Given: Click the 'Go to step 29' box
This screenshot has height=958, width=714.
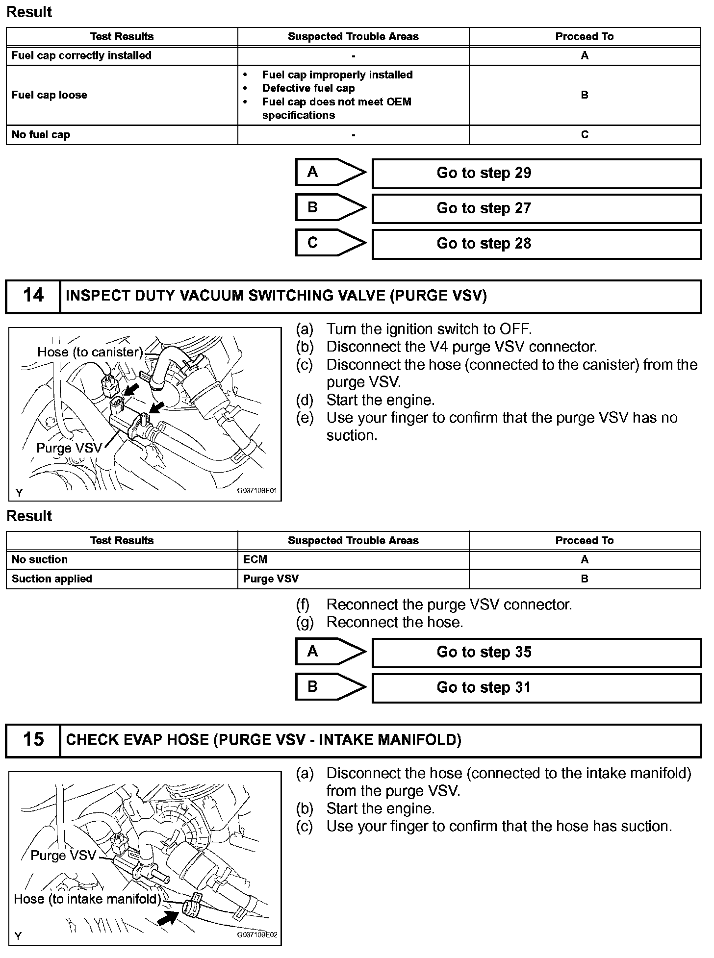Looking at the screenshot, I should click(x=536, y=173).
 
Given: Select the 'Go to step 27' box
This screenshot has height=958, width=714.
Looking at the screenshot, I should click(x=536, y=208).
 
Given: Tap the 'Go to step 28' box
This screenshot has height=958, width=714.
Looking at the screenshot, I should click(x=536, y=244).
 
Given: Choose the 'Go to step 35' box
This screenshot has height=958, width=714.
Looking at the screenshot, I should click(x=536, y=653).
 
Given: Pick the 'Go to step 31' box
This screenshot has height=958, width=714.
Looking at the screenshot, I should click(x=536, y=688).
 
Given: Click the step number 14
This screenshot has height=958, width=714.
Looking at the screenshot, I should click(x=33, y=296).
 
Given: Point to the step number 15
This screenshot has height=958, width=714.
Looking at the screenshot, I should click(x=33, y=740).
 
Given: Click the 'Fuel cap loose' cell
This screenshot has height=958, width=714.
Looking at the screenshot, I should click(x=50, y=95).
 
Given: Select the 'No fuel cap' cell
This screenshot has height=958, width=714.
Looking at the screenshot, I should click(x=41, y=135).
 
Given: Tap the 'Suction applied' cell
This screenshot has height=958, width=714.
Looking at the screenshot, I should click(x=52, y=579).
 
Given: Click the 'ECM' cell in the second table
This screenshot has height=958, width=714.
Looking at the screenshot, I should click(x=255, y=560).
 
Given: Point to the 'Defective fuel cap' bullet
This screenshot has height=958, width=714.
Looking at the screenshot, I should click(x=308, y=88).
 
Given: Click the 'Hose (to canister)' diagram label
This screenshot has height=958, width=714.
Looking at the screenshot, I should click(x=90, y=352).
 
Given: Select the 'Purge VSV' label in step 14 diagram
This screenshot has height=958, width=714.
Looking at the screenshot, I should click(x=69, y=448).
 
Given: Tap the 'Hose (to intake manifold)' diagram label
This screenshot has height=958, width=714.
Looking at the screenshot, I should click(x=87, y=899).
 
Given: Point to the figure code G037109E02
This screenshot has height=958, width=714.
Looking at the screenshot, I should click(x=257, y=934).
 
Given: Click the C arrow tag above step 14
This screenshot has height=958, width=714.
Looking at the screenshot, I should click(x=330, y=243).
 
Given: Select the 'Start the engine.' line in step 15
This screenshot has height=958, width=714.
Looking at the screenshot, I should click(x=380, y=808).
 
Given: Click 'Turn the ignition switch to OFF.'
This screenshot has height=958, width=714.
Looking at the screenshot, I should click(x=429, y=329).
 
